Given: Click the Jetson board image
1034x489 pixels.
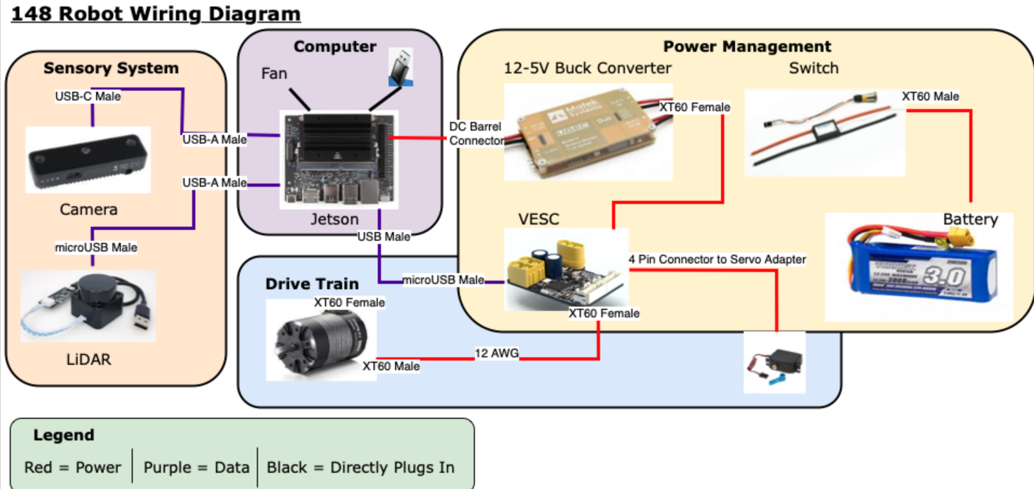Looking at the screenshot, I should coord(338,159).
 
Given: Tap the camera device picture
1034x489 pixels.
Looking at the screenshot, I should coord(88,160).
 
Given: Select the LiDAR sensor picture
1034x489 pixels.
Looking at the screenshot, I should coord(88,305).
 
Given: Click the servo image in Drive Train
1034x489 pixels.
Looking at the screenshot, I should coord(775,363).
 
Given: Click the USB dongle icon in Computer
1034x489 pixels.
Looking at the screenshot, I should coord(401,67).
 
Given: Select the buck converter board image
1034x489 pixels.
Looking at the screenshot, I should coord(588,132).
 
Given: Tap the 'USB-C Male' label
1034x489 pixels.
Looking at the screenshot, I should coord(87,96).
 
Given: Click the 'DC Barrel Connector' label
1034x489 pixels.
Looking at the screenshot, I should coord(475,133).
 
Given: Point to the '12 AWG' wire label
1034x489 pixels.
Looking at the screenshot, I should coord(496,353).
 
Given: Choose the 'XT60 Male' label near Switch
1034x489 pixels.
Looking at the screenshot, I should coord(930,96).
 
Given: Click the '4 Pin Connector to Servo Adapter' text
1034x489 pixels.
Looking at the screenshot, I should coord(717,259).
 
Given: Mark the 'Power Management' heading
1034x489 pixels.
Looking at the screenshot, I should coord(747,46).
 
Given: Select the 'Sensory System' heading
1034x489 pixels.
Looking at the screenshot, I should coord(111,68).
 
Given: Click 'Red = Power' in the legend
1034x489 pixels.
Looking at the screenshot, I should coord(72,467).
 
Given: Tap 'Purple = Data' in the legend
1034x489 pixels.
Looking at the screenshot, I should coord(196,467).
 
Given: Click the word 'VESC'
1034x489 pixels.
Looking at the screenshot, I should coord(538,219).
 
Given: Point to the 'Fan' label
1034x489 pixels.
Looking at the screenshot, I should coord(274,73).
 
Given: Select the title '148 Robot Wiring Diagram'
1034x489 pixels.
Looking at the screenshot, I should coord(155,13).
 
